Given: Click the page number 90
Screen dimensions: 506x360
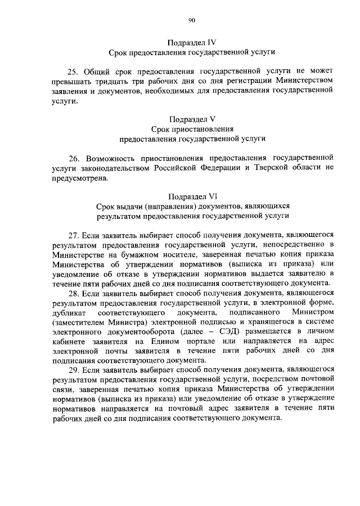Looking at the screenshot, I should [192, 20].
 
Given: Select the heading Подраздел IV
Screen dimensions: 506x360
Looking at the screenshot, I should [192, 42].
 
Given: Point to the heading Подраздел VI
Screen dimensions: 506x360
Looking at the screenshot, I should [192, 196].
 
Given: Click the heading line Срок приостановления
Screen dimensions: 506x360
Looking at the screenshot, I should [192, 128].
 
